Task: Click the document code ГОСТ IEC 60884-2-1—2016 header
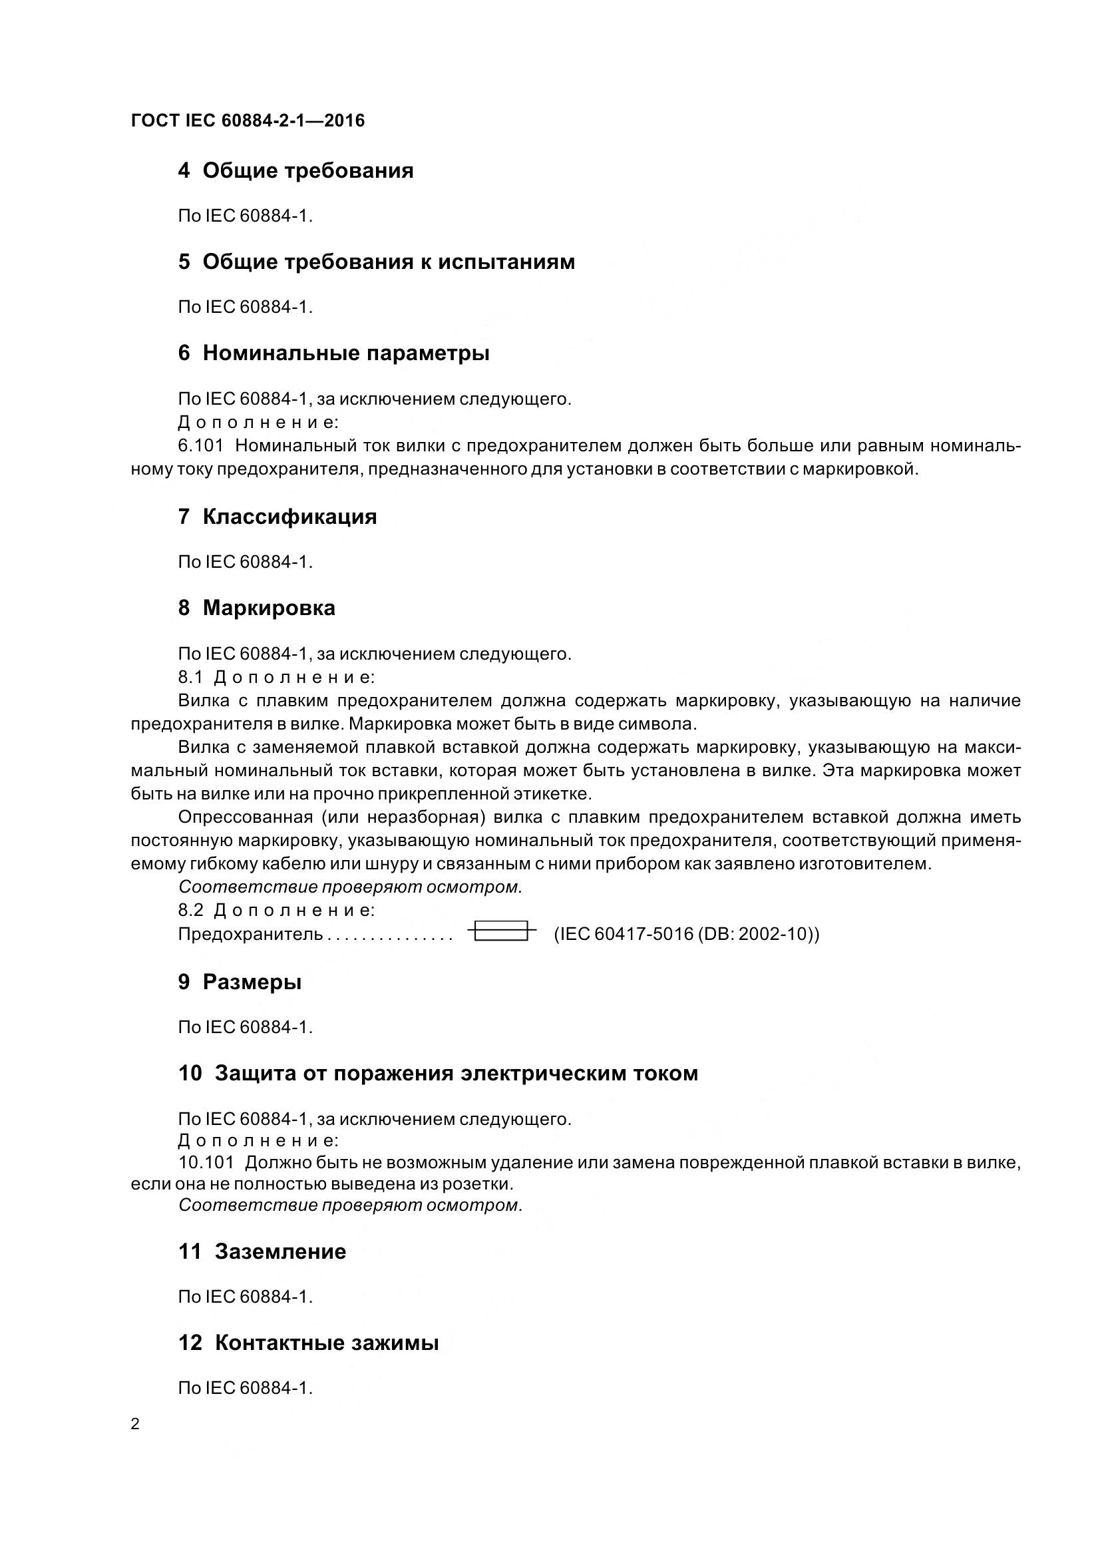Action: pos(248,120)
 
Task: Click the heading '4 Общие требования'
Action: pos(295,170)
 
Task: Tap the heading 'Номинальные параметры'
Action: pos(345,353)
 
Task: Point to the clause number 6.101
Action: pos(200,445)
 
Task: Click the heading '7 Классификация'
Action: pos(277,517)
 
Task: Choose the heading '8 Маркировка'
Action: pos(256,608)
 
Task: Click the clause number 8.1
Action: pos(190,677)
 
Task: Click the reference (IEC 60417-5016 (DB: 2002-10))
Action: pos(686,934)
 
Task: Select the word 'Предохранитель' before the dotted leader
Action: pos(250,934)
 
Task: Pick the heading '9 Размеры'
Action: pos(240,982)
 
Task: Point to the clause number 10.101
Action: pos(206,1162)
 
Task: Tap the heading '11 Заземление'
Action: pos(262,1251)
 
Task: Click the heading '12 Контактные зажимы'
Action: pos(308,1343)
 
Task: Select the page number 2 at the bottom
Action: pos(136,1423)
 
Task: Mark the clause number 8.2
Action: pos(190,909)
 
